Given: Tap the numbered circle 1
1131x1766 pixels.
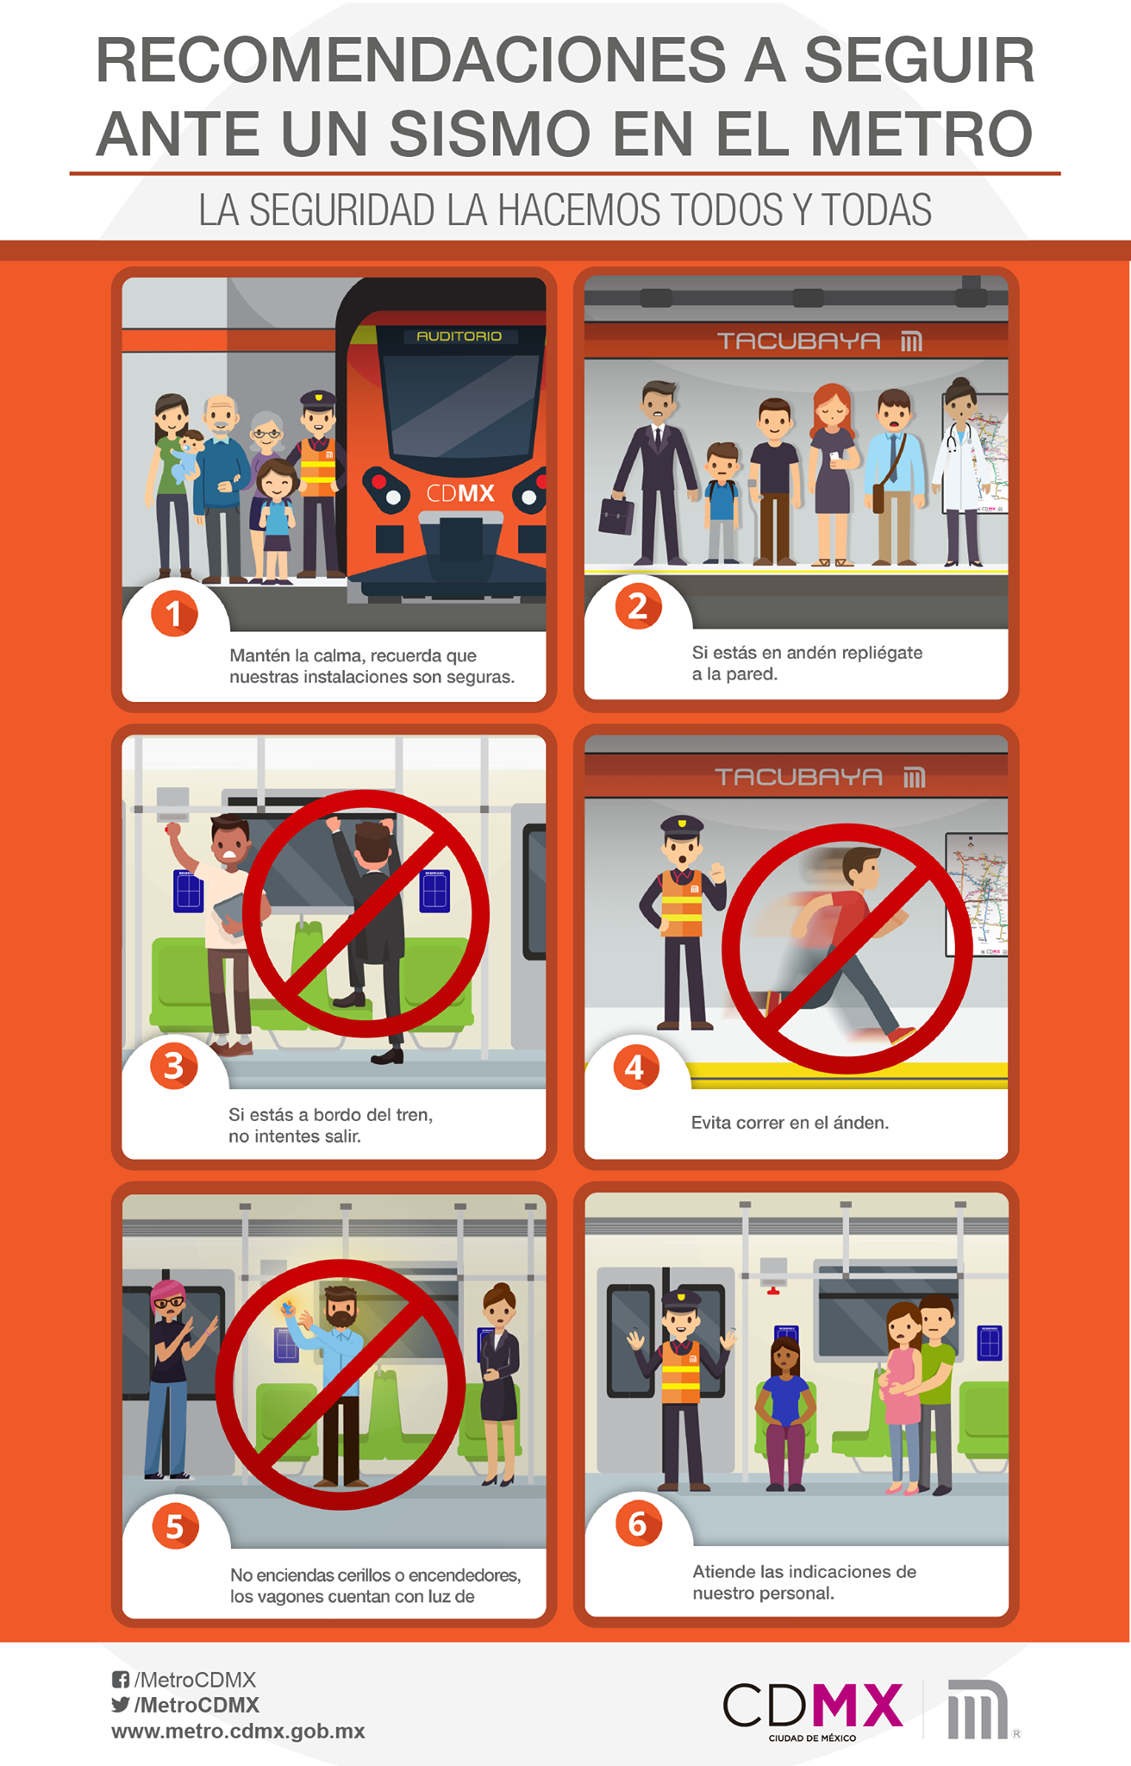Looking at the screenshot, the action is click(174, 614).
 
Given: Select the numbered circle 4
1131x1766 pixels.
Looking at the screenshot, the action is click(636, 1068).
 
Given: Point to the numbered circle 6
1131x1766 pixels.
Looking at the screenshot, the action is click(638, 1524).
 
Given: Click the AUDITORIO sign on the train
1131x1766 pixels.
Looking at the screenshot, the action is click(459, 335).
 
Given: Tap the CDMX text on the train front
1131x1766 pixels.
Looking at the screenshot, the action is click(460, 493).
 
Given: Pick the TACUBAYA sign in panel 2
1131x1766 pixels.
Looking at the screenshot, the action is click(798, 341).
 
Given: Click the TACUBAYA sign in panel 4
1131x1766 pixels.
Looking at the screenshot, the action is click(798, 777).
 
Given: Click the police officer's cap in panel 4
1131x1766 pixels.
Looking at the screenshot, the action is click(682, 826).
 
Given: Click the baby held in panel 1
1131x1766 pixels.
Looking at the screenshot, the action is click(186, 458).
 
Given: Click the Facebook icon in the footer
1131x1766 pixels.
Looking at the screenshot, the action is click(121, 1680).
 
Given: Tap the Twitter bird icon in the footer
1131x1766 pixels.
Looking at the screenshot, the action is click(121, 1705).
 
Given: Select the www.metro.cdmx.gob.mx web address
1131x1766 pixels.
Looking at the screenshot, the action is click(238, 1732).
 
